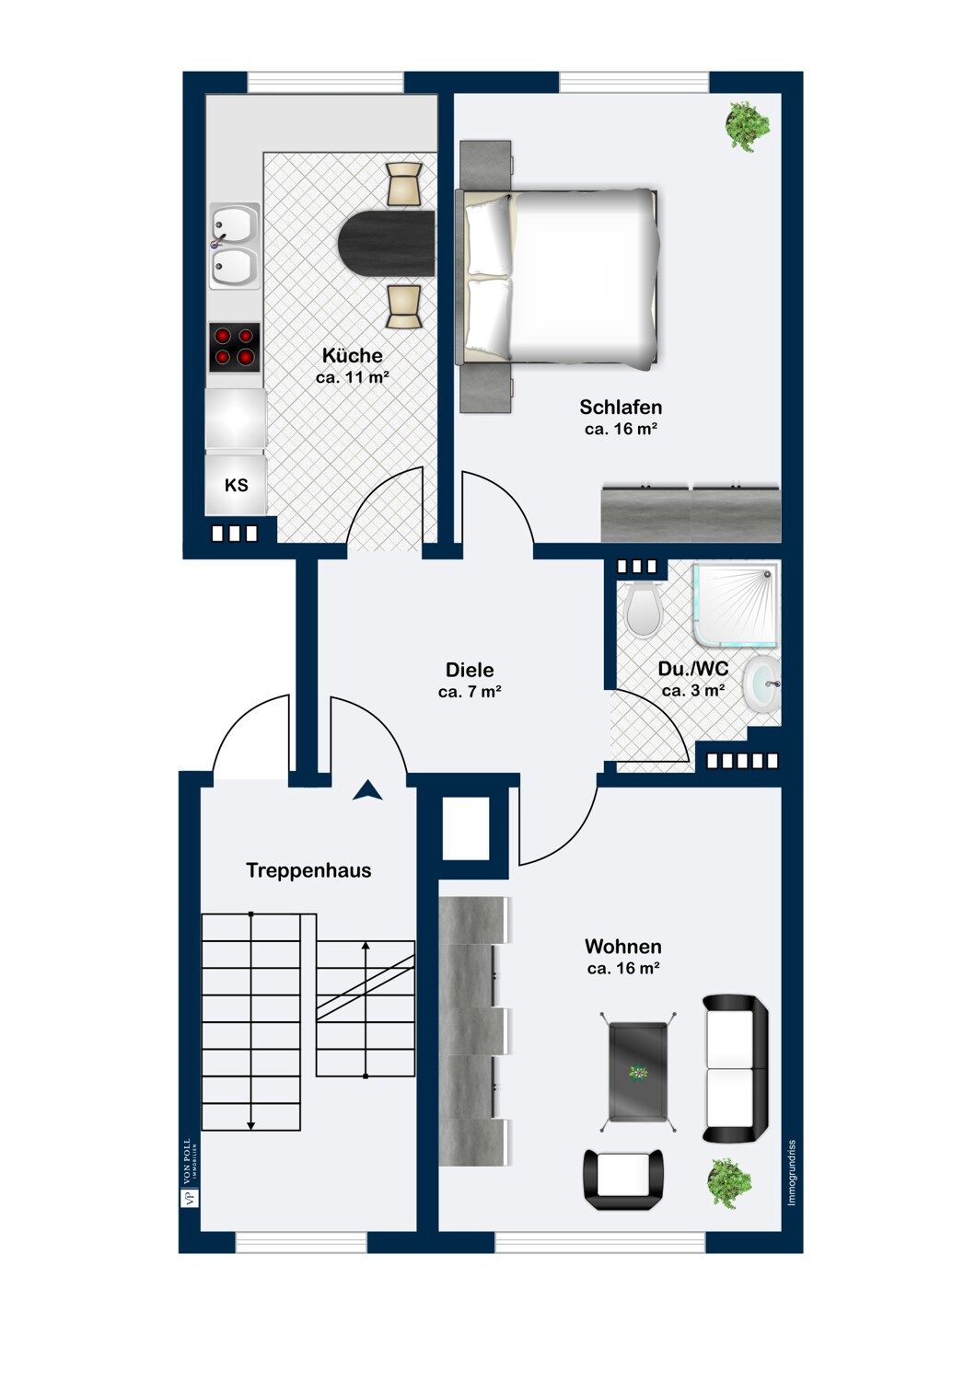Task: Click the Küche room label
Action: pyautogui.click(x=352, y=355)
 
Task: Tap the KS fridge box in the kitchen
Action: pyautogui.click(x=236, y=484)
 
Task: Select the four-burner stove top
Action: pyautogui.click(x=234, y=347)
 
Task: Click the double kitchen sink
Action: pyautogui.click(x=234, y=247)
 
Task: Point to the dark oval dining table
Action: pyautogui.click(x=386, y=243)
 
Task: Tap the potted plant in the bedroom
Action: pyautogui.click(x=747, y=127)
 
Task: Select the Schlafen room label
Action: pyautogui.click(x=621, y=408)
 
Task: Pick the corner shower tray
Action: pyautogui.click(x=735, y=605)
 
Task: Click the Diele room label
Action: pyautogui.click(x=470, y=670)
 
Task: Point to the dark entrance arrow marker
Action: pyautogui.click(x=367, y=790)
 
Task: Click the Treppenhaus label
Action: pyautogui.click(x=308, y=870)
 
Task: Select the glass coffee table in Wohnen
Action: pyautogui.click(x=638, y=1072)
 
